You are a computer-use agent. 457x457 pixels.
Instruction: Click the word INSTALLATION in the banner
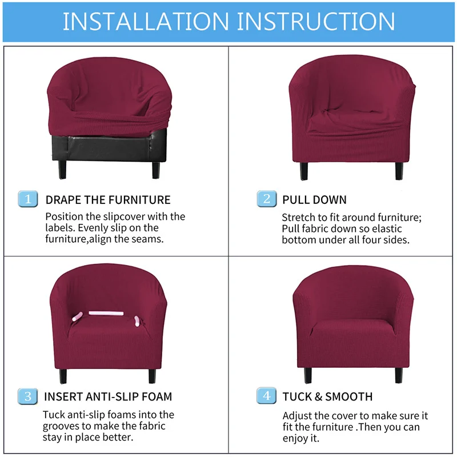pyautogui.click(x=146, y=21)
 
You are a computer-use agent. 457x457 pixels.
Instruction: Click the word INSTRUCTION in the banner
pyautogui.click(x=316, y=21)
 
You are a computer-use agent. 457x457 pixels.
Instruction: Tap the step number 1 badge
pyautogui.click(x=27, y=199)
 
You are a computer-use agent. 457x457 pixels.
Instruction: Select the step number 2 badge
pyautogui.click(x=266, y=199)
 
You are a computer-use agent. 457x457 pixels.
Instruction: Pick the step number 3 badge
pyautogui.click(x=27, y=396)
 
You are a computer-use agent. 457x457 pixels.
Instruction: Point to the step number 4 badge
pyautogui.click(x=266, y=396)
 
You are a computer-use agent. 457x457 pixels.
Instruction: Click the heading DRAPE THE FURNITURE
pyautogui.click(x=108, y=200)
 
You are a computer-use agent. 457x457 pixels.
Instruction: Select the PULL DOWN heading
pyautogui.click(x=314, y=200)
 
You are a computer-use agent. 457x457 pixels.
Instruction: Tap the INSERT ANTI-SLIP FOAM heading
pyautogui.click(x=108, y=396)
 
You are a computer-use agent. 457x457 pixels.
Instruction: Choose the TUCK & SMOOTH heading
pyautogui.click(x=327, y=396)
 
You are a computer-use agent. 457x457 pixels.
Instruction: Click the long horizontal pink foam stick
pyautogui.click(x=106, y=314)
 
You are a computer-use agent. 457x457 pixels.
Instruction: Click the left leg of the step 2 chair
pyautogui.click(x=302, y=170)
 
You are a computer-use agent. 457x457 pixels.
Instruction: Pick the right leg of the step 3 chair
pyautogui.click(x=152, y=375)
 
